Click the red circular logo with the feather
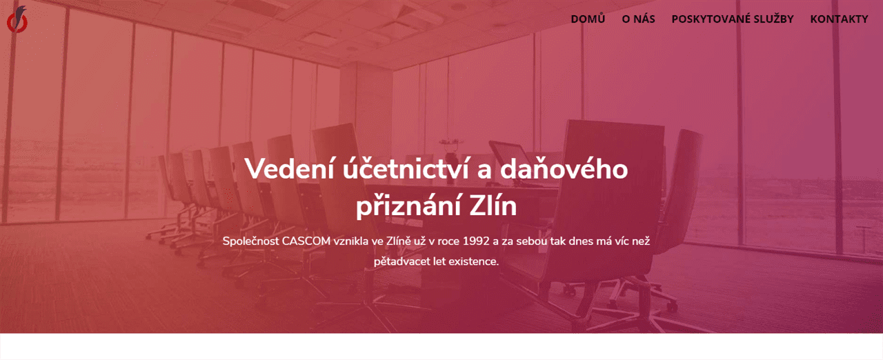pyautogui.click(x=17, y=20)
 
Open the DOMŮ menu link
pyautogui.click(x=588, y=18)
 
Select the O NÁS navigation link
pyautogui.click(x=638, y=19)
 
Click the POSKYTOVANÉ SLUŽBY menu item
pyautogui.click(x=733, y=19)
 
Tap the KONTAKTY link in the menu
pyautogui.click(x=839, y=19)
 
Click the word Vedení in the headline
pyautogui.click(x=290, y=169)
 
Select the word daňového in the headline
pyautogui.click(x=564, y=169)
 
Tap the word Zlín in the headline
pyautogui.click(x=493, y=206)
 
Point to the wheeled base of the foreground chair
pyautogui.click(x=623, y=303)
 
